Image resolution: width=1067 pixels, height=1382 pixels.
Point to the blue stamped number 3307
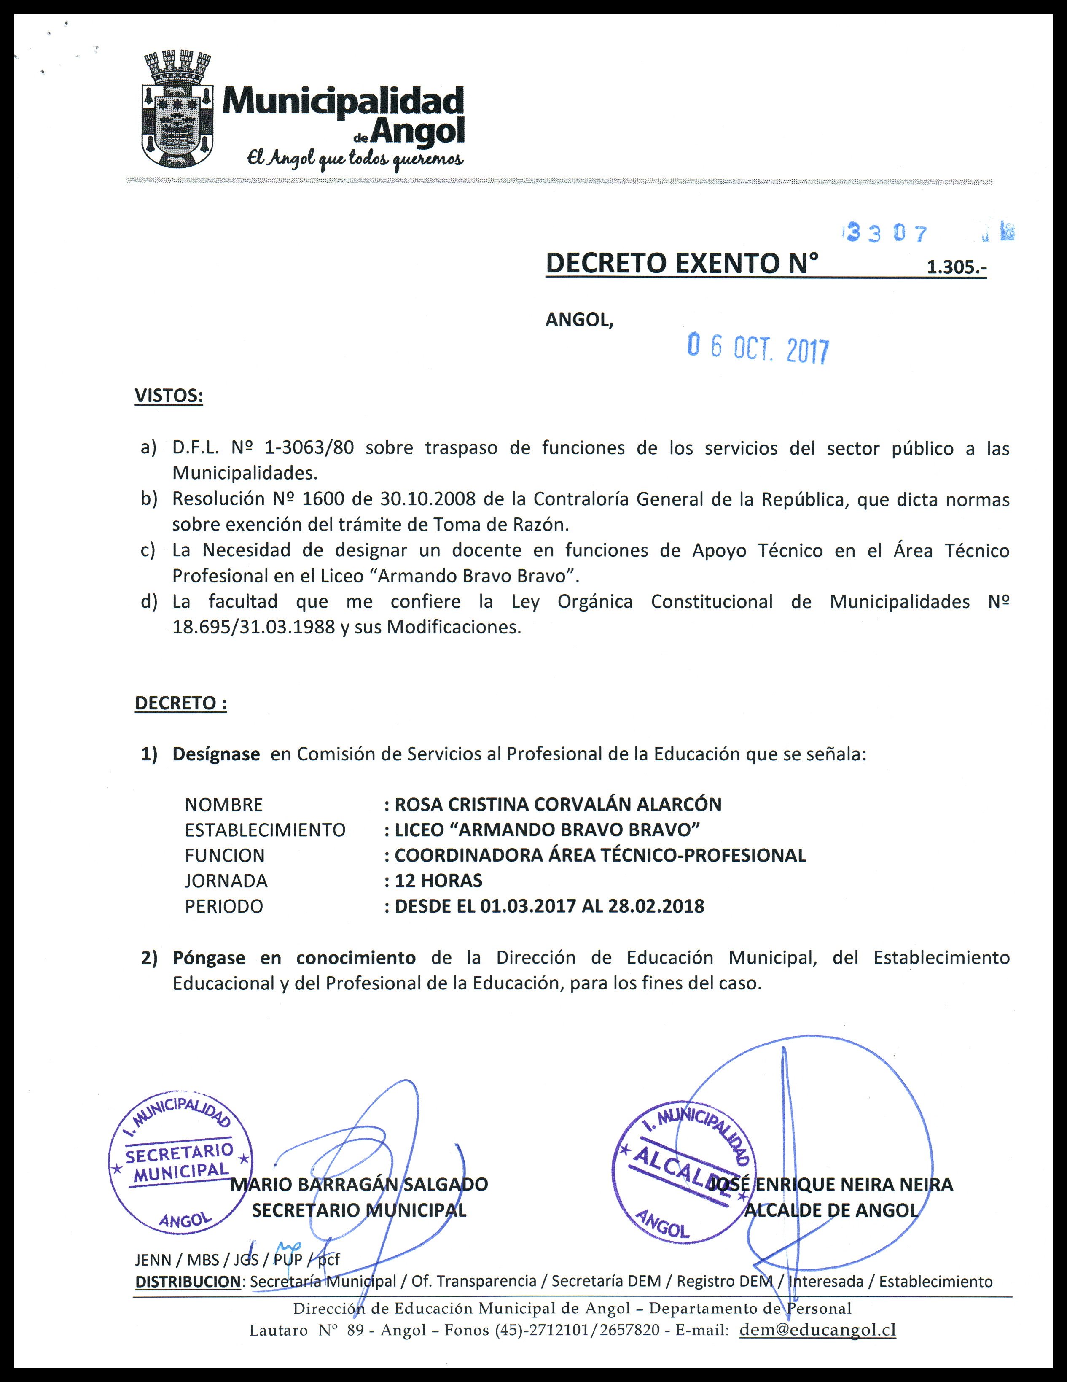click(x=887, y=234)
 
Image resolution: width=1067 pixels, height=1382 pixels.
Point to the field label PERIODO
click(x=224, y=906)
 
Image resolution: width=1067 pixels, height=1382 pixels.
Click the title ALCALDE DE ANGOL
click(x=831, y=1210)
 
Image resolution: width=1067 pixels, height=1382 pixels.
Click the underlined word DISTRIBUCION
click(x=188, y=1281)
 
